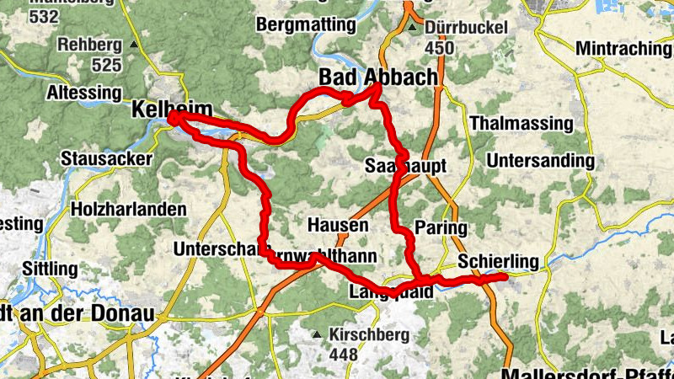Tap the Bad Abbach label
pyautogui.click(x=378, y=77)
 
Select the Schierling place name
pyautogui.click(x=497, y=263)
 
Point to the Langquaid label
pyautogui.click(x=390, y=292)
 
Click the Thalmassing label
pyautogui.click(x=522, y=124)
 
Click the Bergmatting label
pyautogui.click(x=307, y=24)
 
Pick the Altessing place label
pyautogui.click(x=84, y=91)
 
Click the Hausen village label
pyautogui.click(x=337, y=226)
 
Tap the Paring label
pyautogui.click(x=441, y=227)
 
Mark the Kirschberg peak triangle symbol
pyautogui.click(x=317, y=334)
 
